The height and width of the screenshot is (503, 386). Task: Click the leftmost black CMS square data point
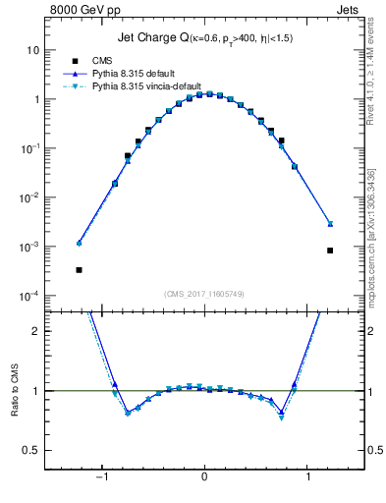click(x=79, y=269)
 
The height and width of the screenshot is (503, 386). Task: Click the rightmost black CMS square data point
click(x=330, y=251)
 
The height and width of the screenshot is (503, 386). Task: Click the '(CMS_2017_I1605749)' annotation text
click(x=203, y=294)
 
